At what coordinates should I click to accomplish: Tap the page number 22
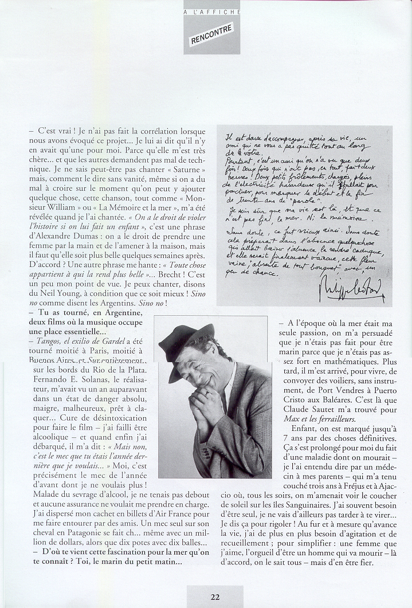215,597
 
